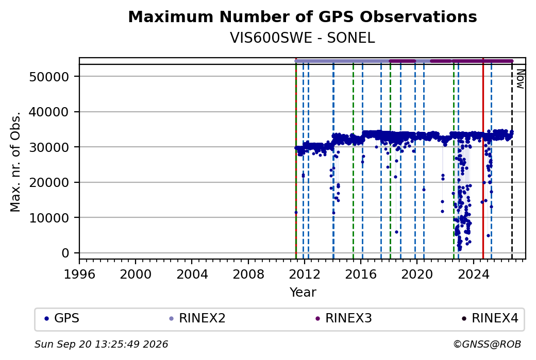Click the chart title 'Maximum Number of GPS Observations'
click(302, 16)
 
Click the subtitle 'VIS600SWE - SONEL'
click(302, 38)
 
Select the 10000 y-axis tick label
click(49, 217)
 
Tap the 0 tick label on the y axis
click(65, 253)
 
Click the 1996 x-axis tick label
click(79, 274)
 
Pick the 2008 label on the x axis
click(248, 274)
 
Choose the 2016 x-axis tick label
click(361, 274)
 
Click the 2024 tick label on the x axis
click(474, 274)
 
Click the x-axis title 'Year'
click(303, 293)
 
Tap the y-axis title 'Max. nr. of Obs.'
click(15, 161)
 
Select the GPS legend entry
click(62, 318)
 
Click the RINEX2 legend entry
click(197, 318)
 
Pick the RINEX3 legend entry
click(344, 318)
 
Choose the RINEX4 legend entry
click(490, 318)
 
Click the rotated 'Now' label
click(520, 79)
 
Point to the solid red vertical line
click(483, 159)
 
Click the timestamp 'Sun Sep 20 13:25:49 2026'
click(101, 344)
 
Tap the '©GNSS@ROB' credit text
click(487, 344)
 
